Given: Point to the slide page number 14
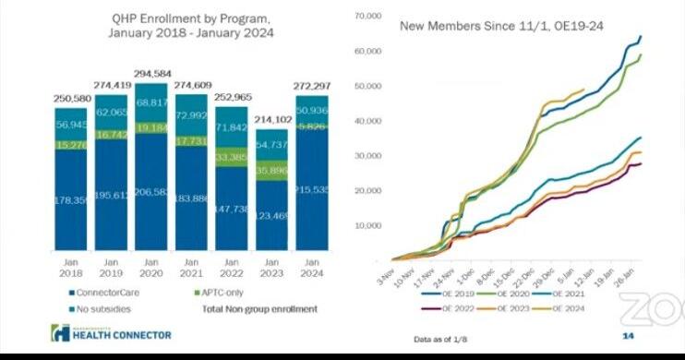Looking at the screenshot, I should tap(628, 336).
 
